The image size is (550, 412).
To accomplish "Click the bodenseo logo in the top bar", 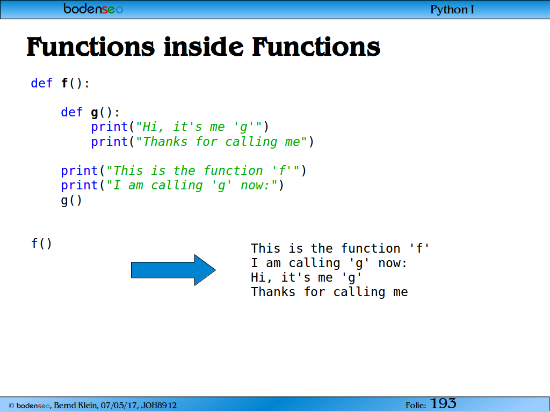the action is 93,9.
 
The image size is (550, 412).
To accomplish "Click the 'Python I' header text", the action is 452,10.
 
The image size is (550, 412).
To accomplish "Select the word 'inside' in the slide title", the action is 204,47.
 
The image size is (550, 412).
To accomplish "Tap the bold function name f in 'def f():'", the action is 64,83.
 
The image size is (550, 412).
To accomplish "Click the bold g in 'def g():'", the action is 95,113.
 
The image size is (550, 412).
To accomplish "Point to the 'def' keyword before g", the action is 71,112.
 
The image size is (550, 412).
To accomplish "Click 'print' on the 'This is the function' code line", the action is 79,171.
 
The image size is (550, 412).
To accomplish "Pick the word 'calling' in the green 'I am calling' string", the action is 177,185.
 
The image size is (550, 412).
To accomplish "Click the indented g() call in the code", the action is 71,201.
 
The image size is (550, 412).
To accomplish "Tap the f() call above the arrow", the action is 41,243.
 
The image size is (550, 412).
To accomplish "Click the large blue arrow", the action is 173,270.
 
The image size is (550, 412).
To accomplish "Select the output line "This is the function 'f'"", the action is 340,248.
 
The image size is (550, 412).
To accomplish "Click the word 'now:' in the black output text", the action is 393,263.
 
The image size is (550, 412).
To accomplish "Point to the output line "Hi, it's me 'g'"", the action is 306,278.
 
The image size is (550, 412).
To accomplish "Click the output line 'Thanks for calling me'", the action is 329,292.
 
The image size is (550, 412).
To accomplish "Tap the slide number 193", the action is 443,403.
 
